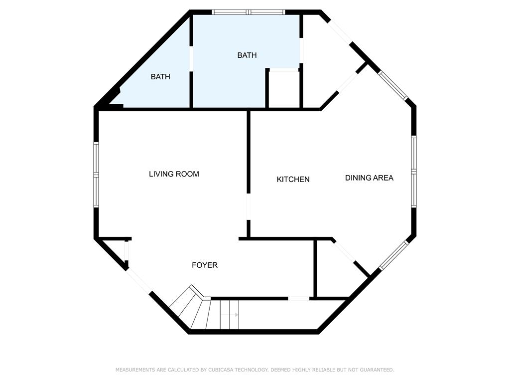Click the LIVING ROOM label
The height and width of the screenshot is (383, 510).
[x=174, y=174]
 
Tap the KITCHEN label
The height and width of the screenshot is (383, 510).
[x=293, y=179]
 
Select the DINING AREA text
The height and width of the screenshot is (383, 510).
[x=369, y=178]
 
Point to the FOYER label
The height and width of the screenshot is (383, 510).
[x=205, y=265]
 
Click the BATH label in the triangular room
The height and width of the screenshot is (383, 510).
[x=160, y=76]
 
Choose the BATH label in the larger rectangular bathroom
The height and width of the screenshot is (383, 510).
[x=247, y=55]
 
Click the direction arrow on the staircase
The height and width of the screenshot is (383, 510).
[x=230, y=315]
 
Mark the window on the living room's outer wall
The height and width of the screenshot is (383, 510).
[x=96, y=174]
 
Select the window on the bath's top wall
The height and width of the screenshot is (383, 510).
[x=249, y=12]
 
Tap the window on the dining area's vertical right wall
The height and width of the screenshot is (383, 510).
[x=414, y=172]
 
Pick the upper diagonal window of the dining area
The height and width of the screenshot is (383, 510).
[x=392, y=85]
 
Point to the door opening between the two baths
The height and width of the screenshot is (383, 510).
[x=191, y=59]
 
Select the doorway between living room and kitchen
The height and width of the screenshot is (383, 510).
[x=249, y=207]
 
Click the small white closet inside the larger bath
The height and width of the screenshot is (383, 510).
[x=283, y=89]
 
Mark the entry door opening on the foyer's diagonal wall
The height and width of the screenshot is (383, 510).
[x=138, y=280]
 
